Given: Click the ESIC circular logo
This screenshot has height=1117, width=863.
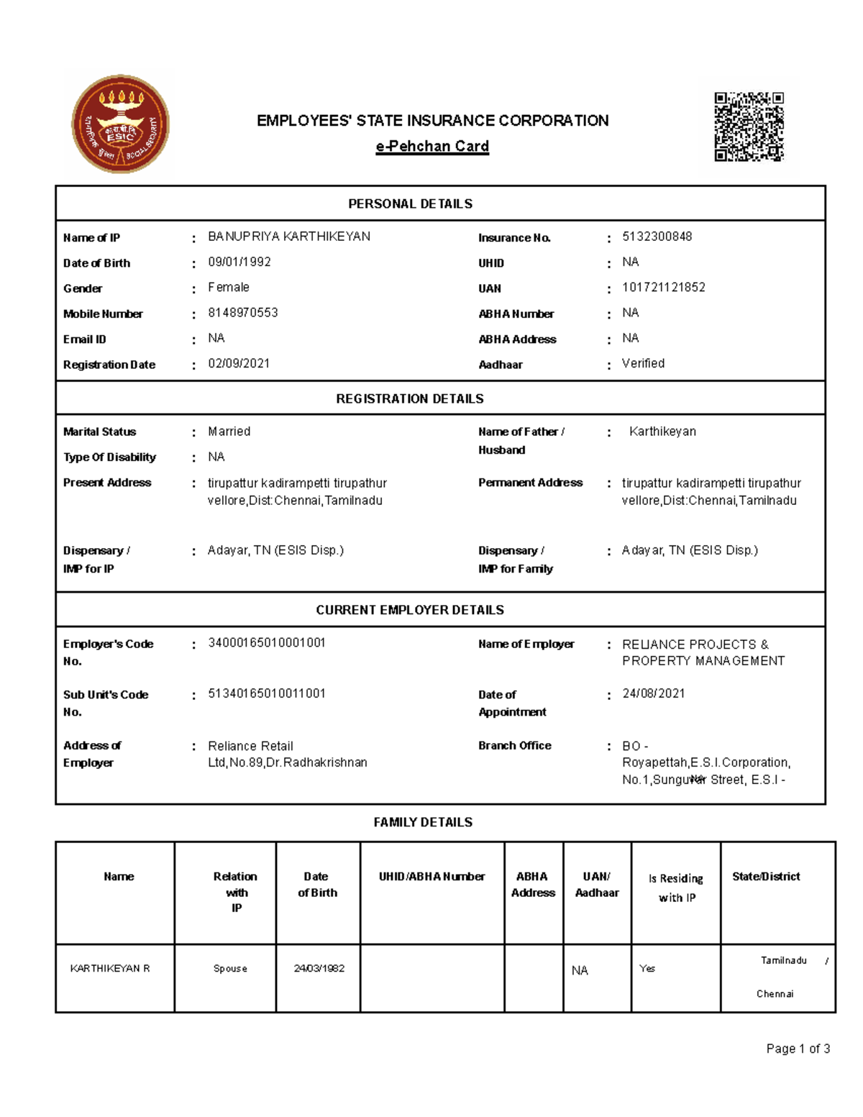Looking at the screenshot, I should (120, 124).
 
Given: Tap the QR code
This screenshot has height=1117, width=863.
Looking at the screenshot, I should (749, 127).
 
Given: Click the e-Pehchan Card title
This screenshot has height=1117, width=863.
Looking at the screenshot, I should (432, 146).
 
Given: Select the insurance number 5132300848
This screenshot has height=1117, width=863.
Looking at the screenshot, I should (657, 237).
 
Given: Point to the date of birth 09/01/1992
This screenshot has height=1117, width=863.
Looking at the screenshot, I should (239, 262).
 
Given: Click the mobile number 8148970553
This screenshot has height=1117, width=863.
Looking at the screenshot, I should (242, 313).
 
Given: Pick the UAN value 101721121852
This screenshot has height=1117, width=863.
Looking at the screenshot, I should (663, 287).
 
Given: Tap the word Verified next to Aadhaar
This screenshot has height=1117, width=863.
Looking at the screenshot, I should (643, 363).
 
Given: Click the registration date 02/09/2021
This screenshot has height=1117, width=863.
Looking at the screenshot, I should (239, 363).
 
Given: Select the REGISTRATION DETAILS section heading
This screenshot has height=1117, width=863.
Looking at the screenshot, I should (410, 398).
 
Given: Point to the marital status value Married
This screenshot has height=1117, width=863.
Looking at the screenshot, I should (229, 432).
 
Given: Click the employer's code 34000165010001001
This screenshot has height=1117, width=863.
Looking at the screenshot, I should (267, 642).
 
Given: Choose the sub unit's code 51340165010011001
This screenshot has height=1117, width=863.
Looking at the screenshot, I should (267, 693).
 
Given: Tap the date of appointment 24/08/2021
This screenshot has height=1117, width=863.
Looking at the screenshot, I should (653, 693).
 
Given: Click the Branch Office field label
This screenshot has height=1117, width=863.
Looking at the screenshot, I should (515, 745).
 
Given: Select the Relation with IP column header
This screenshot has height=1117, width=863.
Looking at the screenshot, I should (235, 892).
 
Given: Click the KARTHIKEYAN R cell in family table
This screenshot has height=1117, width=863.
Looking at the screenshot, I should (110, 968).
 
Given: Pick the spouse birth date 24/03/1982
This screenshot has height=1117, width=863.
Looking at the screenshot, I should (319, 968).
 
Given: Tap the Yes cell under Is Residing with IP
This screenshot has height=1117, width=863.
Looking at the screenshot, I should (647, 968).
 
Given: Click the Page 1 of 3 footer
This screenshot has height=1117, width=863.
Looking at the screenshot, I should (798, 1049).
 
